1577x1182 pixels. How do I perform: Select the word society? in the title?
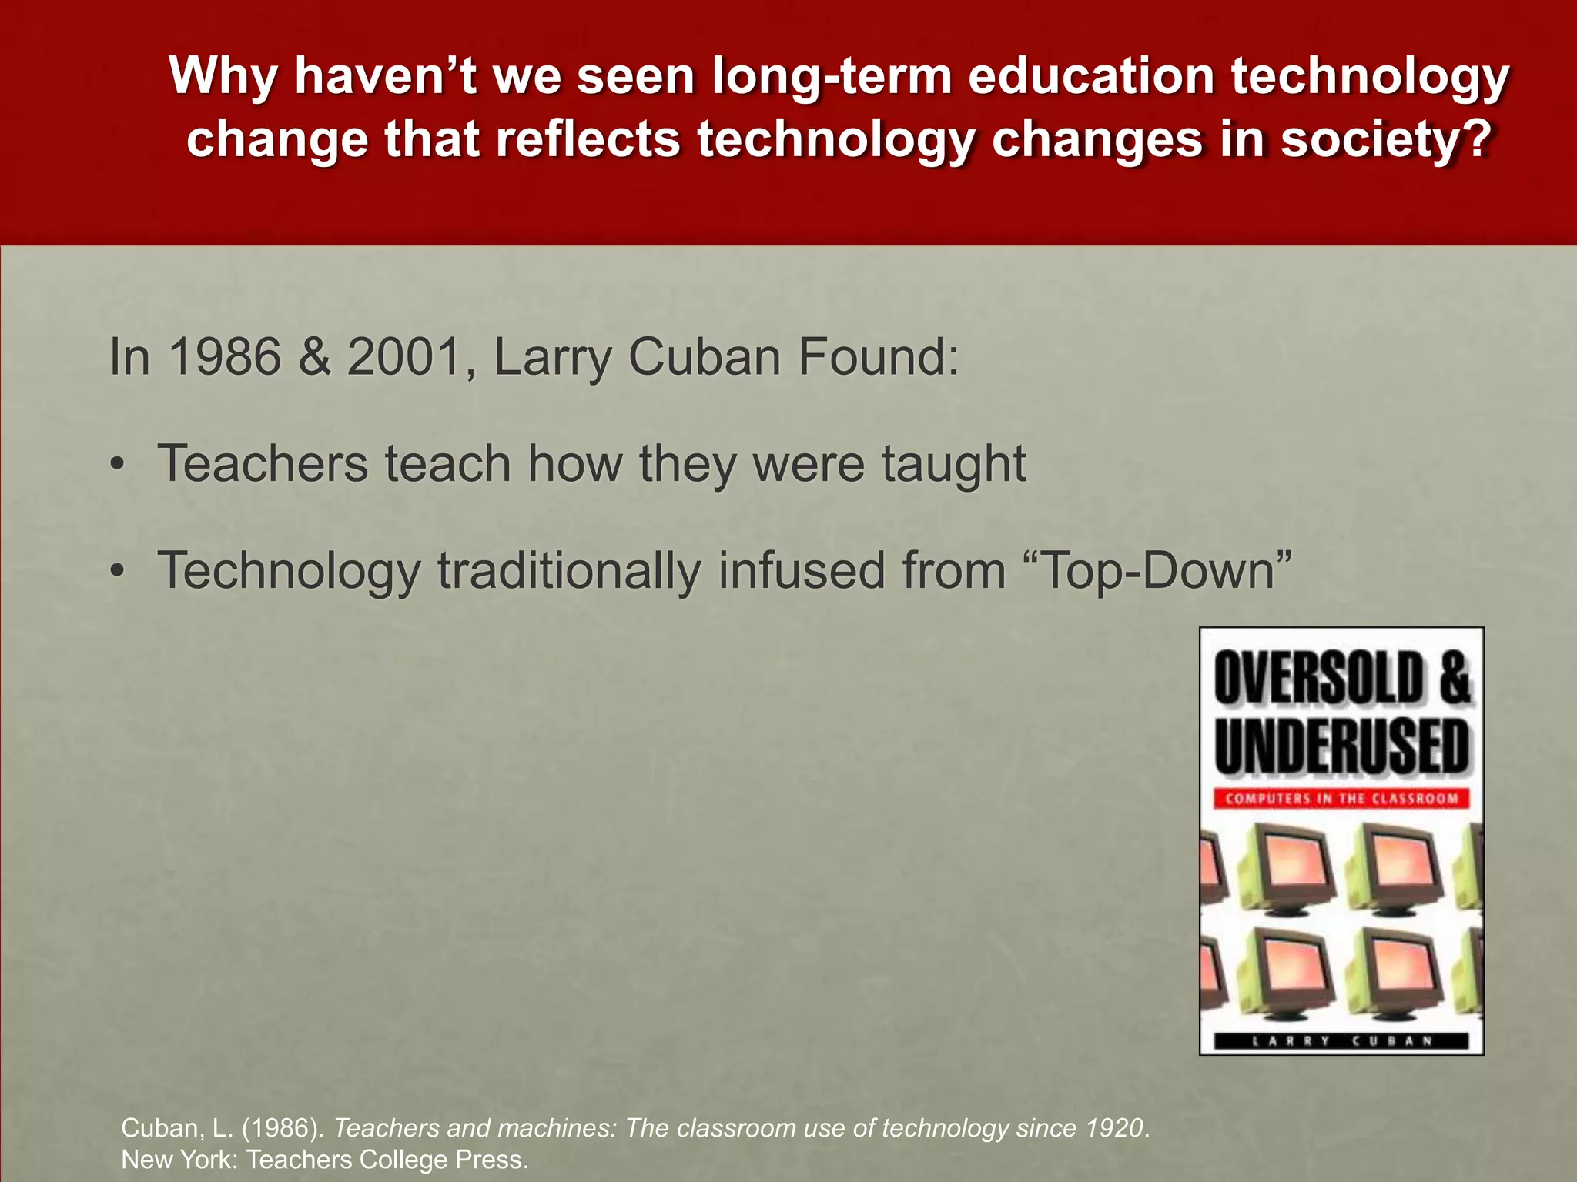[1386, 140]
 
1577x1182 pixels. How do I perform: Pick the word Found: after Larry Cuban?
[879, 357]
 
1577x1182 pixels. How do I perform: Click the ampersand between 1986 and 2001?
[314, 357]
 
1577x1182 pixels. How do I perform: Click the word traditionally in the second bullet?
[569, 572]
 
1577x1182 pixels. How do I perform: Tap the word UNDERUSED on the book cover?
[1341, 746]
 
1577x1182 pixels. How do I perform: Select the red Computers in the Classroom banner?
[1341, 799]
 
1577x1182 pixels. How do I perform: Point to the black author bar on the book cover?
[1341, 1041]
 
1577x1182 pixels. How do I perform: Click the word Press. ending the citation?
[492, 1160]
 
